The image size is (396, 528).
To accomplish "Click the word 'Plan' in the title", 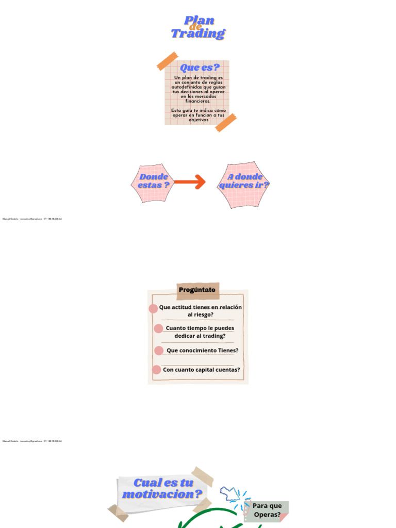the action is coord(199,21).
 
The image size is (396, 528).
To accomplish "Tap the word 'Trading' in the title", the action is coord(198,34).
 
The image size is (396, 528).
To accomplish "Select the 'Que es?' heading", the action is coord(200,68).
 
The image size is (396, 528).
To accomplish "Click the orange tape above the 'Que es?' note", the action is coord(167,60).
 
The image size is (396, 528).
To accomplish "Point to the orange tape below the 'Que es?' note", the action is coord(225,123).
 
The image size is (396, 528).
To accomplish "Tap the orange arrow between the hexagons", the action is coord(189,181).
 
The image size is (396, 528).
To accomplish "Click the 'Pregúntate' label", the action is coord(197,290).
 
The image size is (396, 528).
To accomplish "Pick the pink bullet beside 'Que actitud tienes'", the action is coord(153,309).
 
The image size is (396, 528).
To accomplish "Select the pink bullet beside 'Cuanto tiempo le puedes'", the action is coord(158,328).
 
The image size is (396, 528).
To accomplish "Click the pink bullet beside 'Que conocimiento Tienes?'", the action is coord(159,351).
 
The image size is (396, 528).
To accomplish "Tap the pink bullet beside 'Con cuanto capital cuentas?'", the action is coord(156,369).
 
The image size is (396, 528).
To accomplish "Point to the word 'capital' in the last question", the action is coord(208,369).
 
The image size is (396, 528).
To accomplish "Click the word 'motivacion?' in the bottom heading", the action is coord(162,494).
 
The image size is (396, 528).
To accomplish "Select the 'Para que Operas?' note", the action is coord(267,510).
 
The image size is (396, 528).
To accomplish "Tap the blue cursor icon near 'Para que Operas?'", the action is coord(230,493).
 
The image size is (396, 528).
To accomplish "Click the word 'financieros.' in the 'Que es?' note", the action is coord(198,101).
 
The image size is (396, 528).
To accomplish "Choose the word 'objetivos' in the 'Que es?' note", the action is coord(198,120).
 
